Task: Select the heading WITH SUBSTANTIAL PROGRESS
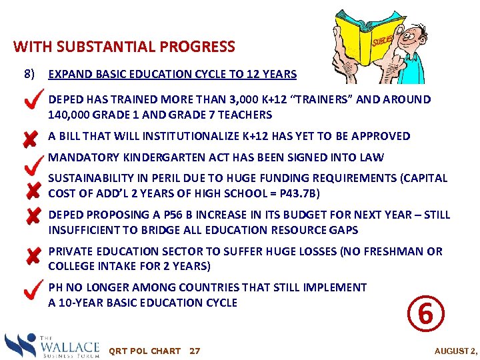tap(124, 47)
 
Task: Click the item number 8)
tap(30, 73)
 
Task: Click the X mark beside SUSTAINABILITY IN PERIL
tap(31, 191)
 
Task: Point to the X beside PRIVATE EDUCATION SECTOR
tap(31, 257)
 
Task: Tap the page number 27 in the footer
tap(195, 351)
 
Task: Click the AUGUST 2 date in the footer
tap(456, 351)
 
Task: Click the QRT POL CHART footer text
tap(145, 351)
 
